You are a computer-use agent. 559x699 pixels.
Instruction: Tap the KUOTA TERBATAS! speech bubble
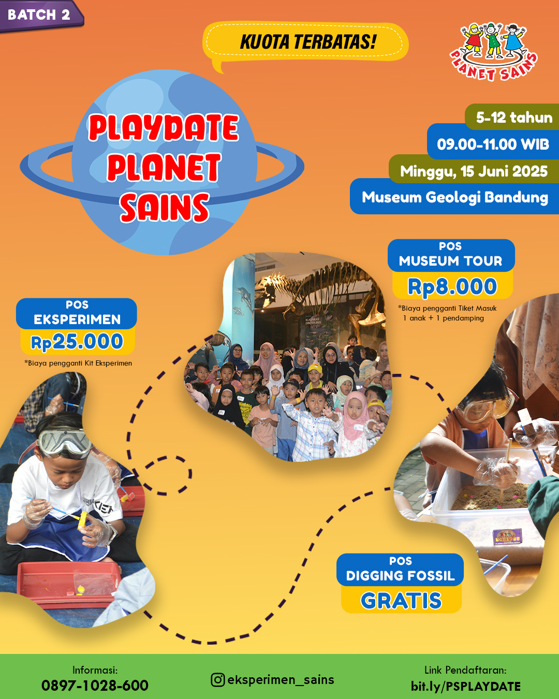(305, 43)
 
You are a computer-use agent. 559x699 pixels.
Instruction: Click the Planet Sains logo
(494, 52)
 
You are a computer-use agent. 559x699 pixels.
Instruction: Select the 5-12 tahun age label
(514, 117)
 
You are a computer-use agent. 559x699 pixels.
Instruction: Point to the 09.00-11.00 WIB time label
(493, 144)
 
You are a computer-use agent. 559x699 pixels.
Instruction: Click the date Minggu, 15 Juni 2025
(474, 171)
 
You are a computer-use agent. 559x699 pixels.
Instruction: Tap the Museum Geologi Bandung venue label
(455, 197)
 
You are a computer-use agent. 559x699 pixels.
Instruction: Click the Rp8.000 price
(452, 286)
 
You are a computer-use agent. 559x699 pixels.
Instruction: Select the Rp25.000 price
(77, 342)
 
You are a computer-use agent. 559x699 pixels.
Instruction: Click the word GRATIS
(401, 601)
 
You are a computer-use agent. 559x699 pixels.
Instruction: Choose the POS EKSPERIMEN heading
(77, 313)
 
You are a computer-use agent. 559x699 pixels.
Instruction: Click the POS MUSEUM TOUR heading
(451, 255)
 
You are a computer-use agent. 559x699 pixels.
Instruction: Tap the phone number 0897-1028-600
(95, 686)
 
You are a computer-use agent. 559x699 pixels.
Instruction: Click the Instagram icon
(217, 679)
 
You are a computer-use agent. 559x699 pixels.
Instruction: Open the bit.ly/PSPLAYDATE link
(465, 686)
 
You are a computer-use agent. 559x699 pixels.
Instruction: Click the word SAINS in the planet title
(165, 207)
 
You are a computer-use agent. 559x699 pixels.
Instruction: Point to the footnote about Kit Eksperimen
(78, 363)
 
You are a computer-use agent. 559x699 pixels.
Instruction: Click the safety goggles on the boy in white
(64, 442)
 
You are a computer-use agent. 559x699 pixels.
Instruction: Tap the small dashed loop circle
(166, 475)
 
